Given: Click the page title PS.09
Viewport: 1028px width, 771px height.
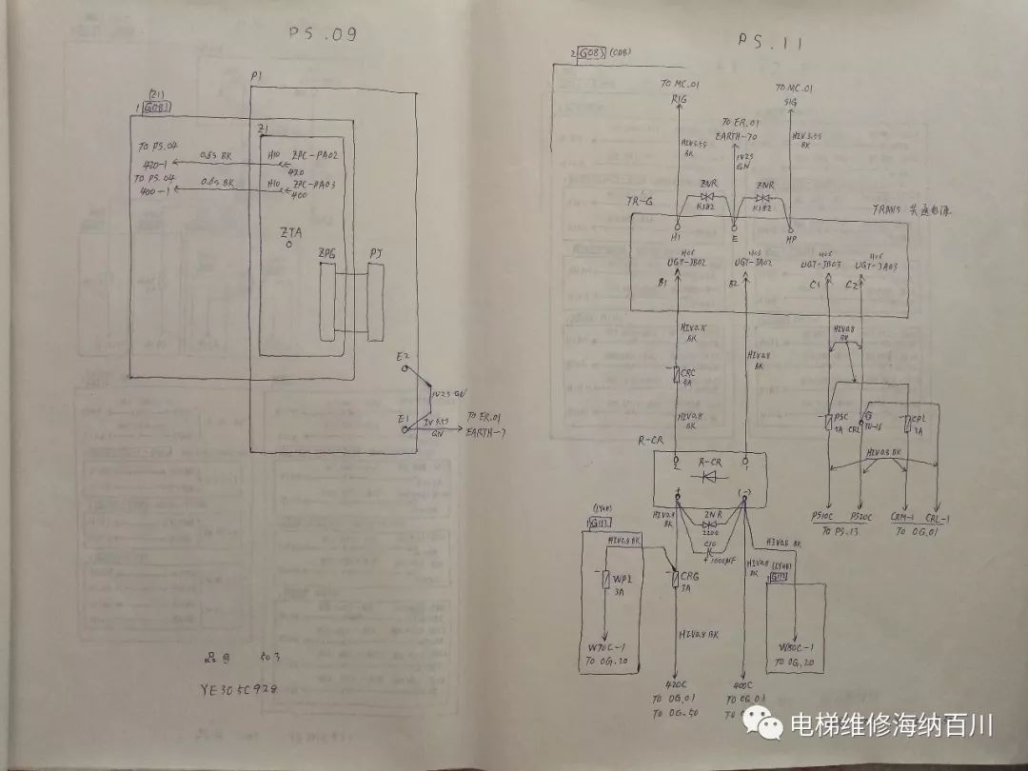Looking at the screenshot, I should (x=322, y=36).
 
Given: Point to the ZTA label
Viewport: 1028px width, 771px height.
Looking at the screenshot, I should (x=289, y=231).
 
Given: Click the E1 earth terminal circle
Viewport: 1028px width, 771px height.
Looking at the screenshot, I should (x=405, y=430).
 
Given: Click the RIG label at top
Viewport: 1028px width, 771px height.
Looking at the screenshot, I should (x=679, y=97).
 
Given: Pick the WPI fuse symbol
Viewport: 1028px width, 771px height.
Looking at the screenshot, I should (x=605, y=579).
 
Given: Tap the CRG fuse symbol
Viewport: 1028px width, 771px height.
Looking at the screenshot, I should (x=675, y=578).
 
